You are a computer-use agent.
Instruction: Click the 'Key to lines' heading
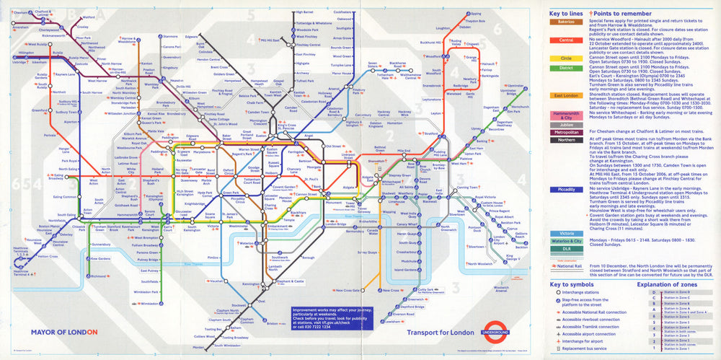[565, 13]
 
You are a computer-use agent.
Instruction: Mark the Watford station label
[89, 16]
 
